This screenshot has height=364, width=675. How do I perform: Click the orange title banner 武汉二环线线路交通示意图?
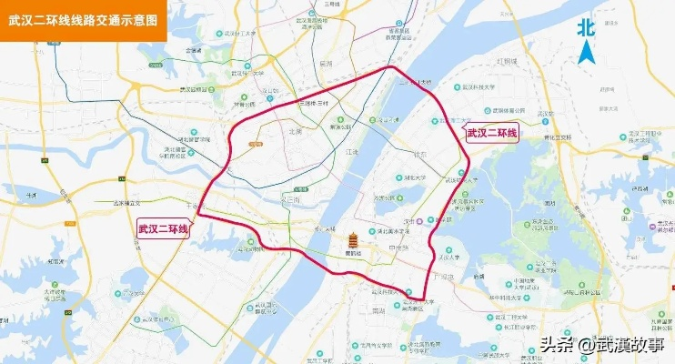(x=82, y=18)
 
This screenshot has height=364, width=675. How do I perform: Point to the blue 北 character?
(x=587, y=27)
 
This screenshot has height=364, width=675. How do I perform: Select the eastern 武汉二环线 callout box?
(x=492, y=134)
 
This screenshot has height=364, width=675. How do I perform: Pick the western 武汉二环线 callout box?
(x=163, y=228)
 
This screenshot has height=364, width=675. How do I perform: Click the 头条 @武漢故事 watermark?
(x=602, y=345)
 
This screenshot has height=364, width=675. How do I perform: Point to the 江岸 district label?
(x=354, y=152)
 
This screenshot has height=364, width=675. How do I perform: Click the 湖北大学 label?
(x=418, y=177)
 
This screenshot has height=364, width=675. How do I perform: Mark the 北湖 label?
(x=294, y=131)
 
